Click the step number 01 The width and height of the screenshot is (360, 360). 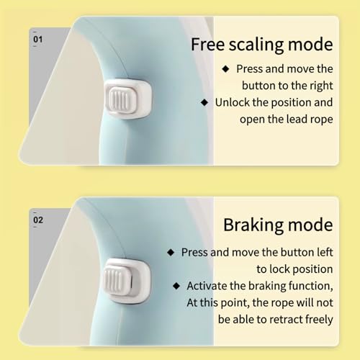coord(38,39)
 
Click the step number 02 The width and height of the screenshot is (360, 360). coord(38,220)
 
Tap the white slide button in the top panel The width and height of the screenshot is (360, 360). coord(128,99)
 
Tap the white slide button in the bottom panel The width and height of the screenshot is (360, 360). coord(127,280)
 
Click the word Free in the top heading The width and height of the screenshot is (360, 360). coord(207,45)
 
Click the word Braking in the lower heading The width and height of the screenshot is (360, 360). coord(253,225)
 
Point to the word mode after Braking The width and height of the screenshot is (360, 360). coord(310,225)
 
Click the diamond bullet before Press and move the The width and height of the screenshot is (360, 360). coord(225,69)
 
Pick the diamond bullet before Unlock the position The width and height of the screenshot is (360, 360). coord(204,102)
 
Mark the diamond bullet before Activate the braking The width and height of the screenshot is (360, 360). coord(176,286)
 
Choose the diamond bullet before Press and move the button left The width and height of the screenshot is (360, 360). coord(171,253)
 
